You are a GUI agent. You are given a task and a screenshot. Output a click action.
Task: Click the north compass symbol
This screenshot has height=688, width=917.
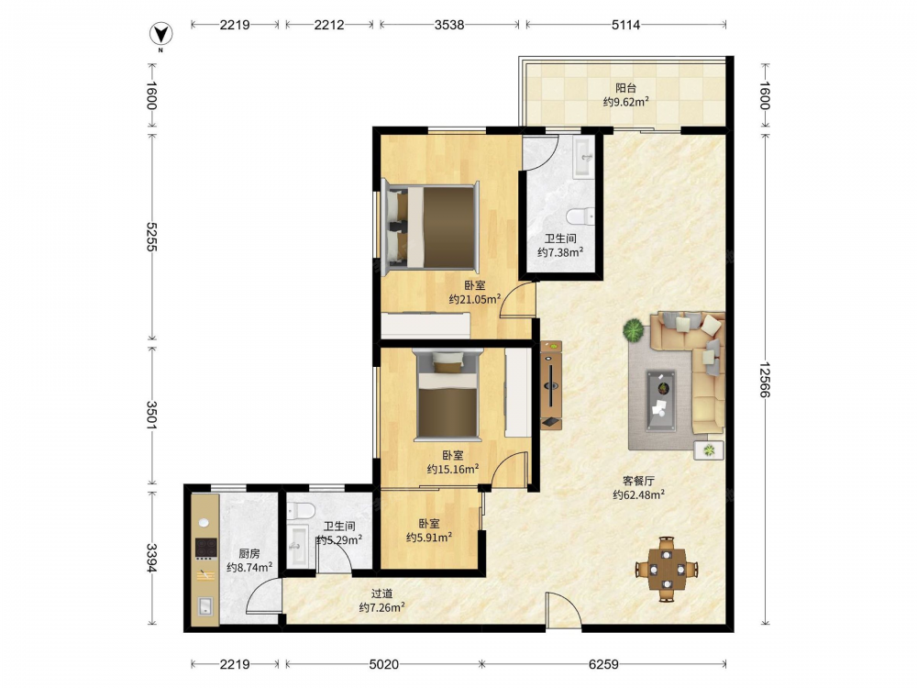click(x=160, y=35)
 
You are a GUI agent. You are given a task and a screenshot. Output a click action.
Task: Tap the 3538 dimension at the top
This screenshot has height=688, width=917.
click(x=449, y=25)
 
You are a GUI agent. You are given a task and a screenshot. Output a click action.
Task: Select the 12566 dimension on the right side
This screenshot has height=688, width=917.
click(x=765, y=380)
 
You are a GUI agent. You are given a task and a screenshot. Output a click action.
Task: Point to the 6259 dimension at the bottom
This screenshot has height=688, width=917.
click(x=603, y=664)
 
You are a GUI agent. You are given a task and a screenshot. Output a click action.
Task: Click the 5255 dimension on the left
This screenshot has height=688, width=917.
click(x=151, y=237)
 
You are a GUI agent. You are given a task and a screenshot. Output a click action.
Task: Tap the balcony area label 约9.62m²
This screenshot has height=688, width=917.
click(x=625, y=102)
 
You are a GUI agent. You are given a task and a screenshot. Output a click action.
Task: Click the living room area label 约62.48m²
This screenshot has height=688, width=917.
click(x=638, y=495)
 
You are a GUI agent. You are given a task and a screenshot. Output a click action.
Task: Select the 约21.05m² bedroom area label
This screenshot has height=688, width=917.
click(x=474, y=300)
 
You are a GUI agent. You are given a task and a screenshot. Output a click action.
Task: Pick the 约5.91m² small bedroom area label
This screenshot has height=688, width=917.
click(x=428, y=537)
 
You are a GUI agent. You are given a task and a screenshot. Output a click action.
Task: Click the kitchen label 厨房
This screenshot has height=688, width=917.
click(x=249, y=553)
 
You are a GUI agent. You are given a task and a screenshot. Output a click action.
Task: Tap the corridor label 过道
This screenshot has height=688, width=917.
click(x=381, y=594)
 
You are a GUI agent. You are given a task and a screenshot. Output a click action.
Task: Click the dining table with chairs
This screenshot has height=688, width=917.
click(x=667, y=569)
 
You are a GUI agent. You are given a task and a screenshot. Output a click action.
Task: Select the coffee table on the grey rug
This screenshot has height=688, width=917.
click(x=661, y=401)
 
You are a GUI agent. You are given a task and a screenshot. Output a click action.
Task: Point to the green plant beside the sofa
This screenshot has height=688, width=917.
click(x=634, y=330)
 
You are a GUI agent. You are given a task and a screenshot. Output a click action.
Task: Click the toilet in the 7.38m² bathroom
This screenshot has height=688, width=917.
click(x=580, y=216)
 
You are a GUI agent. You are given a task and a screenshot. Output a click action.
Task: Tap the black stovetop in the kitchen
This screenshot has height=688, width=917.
click(x=205, y=548)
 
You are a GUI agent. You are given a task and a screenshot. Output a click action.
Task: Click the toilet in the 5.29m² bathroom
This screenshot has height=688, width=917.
click(x=301, y=510)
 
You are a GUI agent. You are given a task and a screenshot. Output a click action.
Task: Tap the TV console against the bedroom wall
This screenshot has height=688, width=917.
click(x=551, y=385)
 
